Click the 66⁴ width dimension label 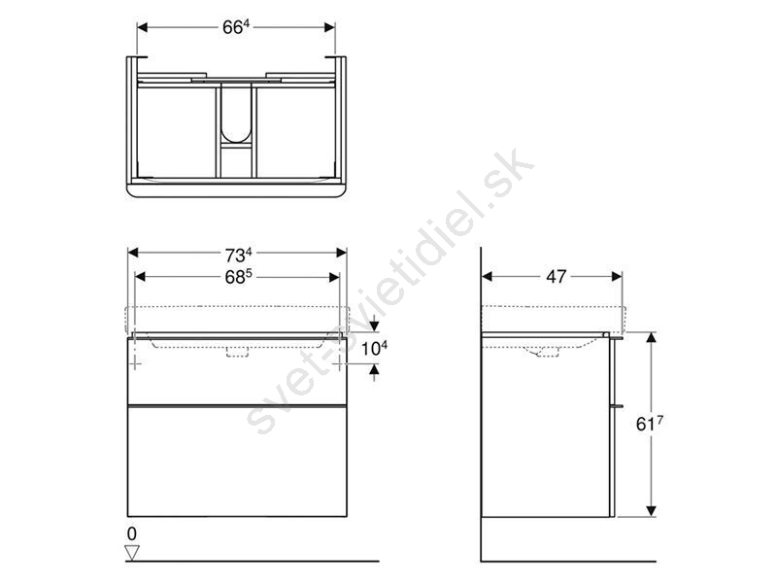235,27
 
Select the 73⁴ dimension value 238,256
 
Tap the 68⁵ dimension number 238,277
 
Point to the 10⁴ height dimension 374,349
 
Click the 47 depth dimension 556,277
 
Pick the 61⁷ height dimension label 649,424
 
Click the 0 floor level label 132,533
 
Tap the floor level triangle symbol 132,552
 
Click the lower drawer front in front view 237,461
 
